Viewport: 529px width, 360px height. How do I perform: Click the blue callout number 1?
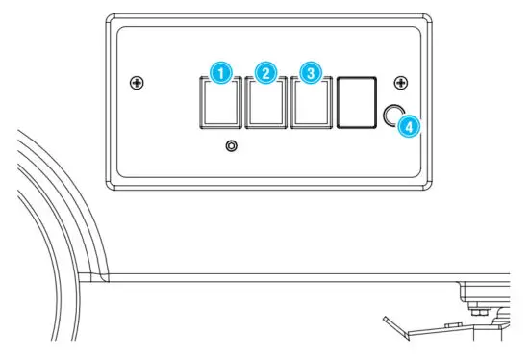[x=221, y=73]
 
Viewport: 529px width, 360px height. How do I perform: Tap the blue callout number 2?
[x=266, y=73]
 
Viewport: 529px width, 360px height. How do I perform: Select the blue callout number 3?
[x=310, y=73]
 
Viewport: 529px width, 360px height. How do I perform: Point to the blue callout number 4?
[x=409, y=125]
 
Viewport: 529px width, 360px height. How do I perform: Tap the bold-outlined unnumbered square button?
[x=356, y=103]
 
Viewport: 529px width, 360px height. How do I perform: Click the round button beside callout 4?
[x=391, y=117]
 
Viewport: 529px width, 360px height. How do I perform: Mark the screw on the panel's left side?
[x=139, y=85]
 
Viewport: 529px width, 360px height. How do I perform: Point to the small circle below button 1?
[x=230, y=147]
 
